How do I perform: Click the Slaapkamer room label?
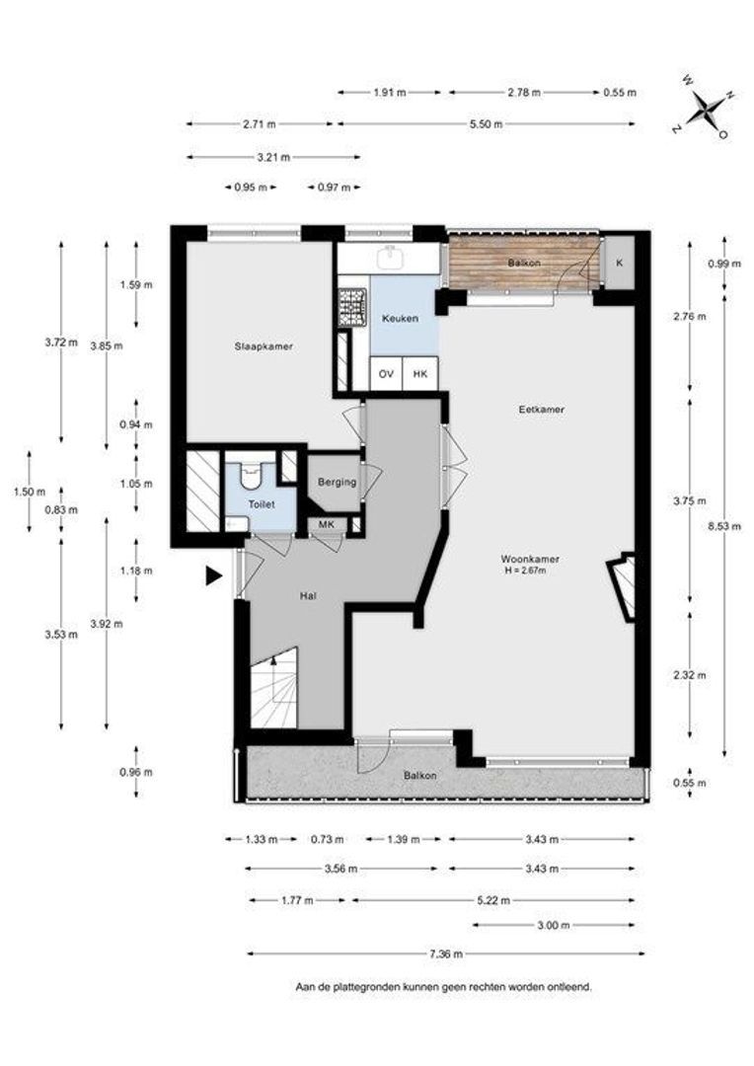pyautogui.click(x=264, y=346)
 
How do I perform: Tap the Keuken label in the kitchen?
pyautogui.click(x=400, y=318)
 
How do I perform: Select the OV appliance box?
pyautogui.click(x=386, y=373)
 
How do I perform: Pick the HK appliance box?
pyautogui.click(x=420, y=373)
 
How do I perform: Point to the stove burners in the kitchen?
pyautogui.click(x=352, y=307)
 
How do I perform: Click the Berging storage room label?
pyautogui.click(x=338, y=482)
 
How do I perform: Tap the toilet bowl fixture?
pyautogui.click(x=251, y=474)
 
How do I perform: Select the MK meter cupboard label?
pyautogui.click(x=327, y=524)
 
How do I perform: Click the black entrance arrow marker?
pyautogui.click(x=214, y=576)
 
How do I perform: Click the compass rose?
pyautogui.click(x=707, y=107)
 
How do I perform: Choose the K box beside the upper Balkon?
pyautogui.click(x=619, y=263)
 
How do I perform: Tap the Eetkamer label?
pyautogui.click(x=541, y=410)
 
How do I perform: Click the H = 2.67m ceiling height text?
pyautogui.click(x=526, y=571)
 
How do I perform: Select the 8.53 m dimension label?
pyautogui.click(x=724, y=525)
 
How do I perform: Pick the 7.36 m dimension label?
pyautogui.click(x=446, y=953)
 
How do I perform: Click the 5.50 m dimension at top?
pyautogui.click(x=487, y=123)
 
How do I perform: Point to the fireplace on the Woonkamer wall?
pyautogui.click(x=623, y=587)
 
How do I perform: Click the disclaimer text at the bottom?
pyautogui.click(x=443, y=986)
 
